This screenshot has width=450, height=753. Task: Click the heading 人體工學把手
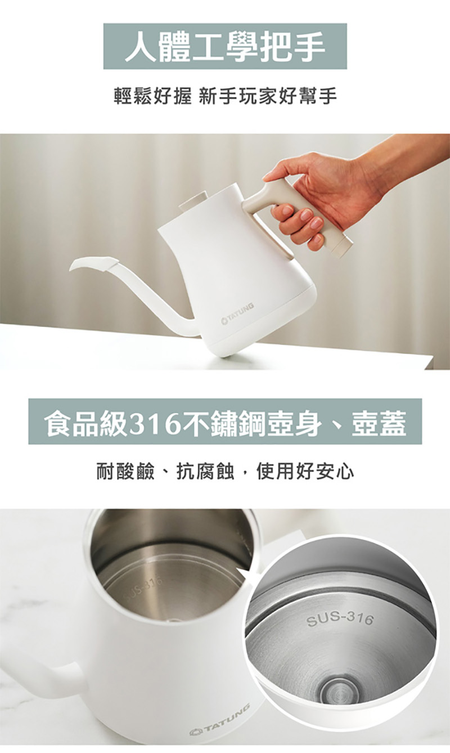[x=225, y=46]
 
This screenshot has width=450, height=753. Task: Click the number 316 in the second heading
[x=154, y=422]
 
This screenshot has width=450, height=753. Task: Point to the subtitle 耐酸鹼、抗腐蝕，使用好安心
[x=225, y=471]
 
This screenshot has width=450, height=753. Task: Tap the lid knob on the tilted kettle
[x=190, y=201]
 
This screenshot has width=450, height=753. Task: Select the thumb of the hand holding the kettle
[x=277, y=175]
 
